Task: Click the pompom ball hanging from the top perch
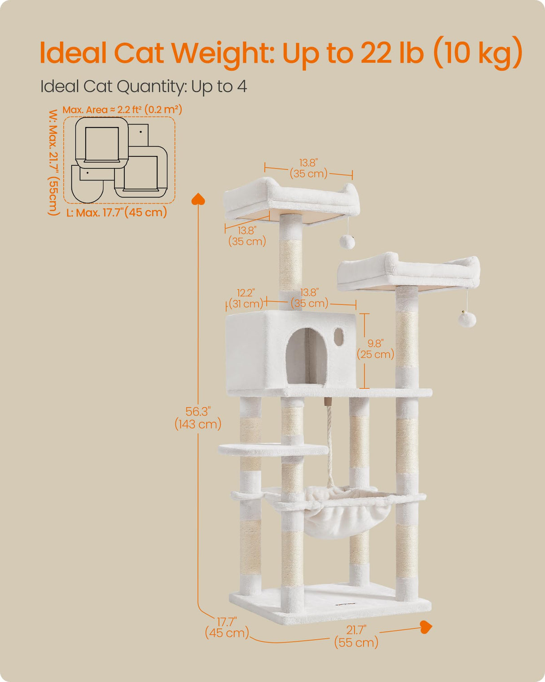pos(347,242)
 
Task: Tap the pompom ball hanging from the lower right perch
pos(467,319)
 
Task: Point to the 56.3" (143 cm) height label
pos(198,418)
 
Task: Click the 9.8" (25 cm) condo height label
pos(375,349)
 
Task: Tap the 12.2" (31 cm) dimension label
pos(246,298)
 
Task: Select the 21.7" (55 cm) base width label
pos(356,636)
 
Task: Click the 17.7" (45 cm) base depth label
pos(227,627)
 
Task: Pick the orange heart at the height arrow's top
pos(198,199)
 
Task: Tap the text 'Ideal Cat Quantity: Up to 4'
pos(144,86)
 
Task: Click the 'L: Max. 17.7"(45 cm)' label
pos(117,213)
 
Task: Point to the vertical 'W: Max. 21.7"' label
pos(53,162)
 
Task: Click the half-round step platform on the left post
pos(273,449)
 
